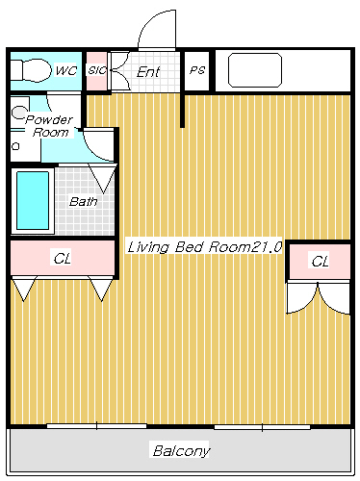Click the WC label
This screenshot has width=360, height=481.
click(x=65, y=70)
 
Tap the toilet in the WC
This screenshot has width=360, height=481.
click(x=33, y=70)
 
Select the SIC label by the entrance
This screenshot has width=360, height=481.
click(x=96, y=70)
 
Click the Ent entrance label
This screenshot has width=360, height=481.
click(x=148, y=71)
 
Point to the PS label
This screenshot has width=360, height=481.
click(x=196, y=70)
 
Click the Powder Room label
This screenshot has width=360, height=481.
click(x=49, y=125)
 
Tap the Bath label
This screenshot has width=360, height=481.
click(x=83, y=202)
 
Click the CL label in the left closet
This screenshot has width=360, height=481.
click(x=62, y=258)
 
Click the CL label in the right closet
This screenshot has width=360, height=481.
click(x=320, y=261)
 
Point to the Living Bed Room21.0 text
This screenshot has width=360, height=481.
click(x=203, y=247)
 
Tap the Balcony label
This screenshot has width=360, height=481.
click(x=181, y=450)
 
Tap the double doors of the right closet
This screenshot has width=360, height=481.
click(x=320, y=296)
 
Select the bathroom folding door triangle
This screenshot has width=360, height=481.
click(x=103, y=178)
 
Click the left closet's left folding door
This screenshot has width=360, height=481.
click(x=24, y=288)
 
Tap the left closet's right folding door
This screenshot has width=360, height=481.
click(x=102, y=288)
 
